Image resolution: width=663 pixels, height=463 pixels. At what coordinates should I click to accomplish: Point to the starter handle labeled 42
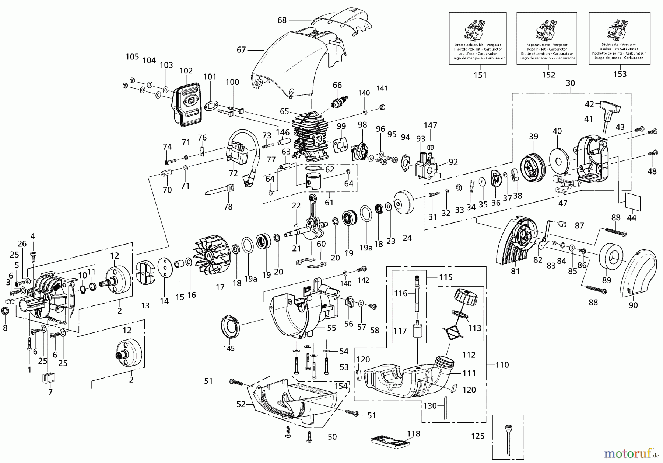point(609,109)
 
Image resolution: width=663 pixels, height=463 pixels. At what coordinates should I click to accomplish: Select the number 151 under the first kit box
point(480,75)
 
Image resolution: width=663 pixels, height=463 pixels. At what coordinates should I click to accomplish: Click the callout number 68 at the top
point(282,20)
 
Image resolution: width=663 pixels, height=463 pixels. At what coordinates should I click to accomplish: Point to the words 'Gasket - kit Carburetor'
point(620,49)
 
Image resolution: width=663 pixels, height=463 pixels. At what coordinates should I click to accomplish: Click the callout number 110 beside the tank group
point(502,365)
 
